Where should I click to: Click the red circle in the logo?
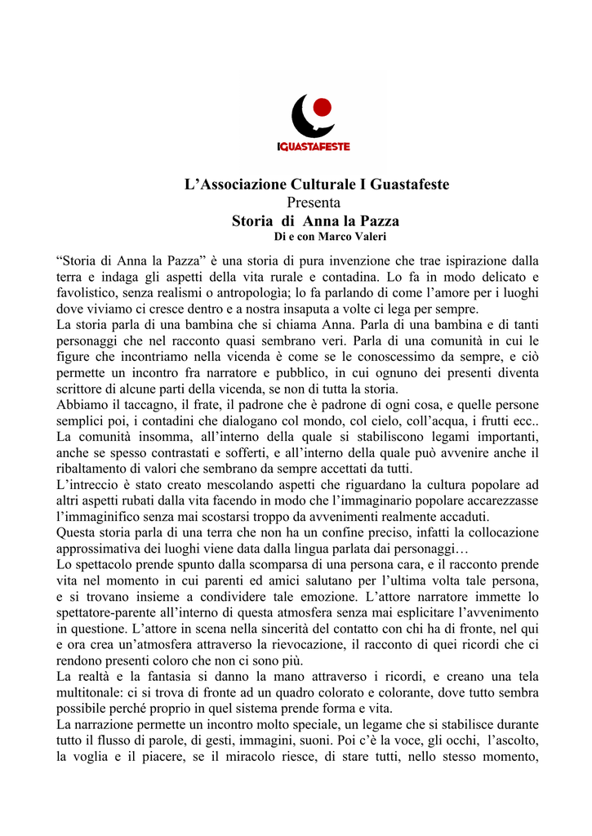pyautogui.click(x=322, y=107)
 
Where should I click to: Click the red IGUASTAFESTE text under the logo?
pyautogui.click(x=314, y=147)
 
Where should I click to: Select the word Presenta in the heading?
pyautogui.click(x=314, y=202)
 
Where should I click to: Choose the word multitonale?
pyautogui.click(x=91, y=691)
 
